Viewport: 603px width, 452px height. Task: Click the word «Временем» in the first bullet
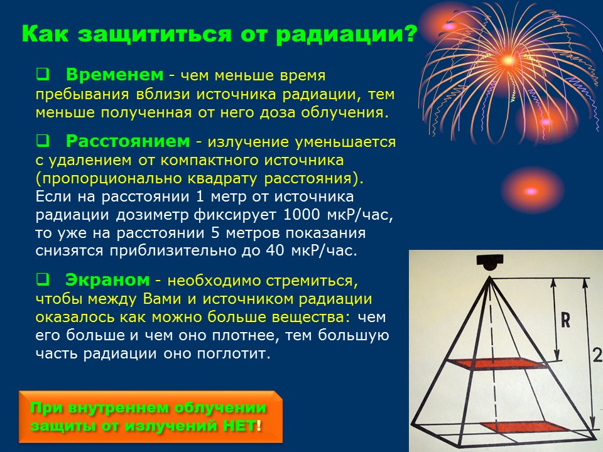[114, 75]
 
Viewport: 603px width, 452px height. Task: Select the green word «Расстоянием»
[128, 141]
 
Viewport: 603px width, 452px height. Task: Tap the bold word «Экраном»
[107, 279]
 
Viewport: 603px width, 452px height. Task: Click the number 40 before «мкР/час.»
[275, 250]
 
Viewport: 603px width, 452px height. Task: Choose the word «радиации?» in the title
[347, 35]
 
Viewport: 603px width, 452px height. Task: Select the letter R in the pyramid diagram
[565, 320]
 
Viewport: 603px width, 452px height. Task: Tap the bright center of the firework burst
[508, 60]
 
